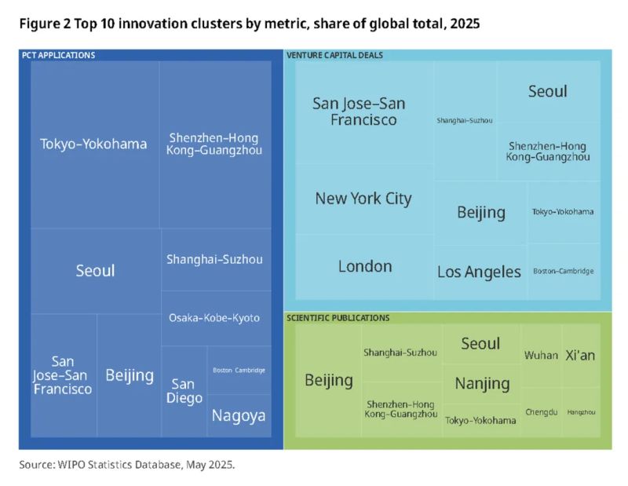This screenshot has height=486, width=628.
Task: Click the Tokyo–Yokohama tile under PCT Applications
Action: pos(94,144)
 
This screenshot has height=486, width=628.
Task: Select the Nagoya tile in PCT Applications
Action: pos(239,416)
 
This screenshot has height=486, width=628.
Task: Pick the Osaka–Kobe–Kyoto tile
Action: pos(214,318)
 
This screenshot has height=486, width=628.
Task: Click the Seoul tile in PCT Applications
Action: pos(95,271)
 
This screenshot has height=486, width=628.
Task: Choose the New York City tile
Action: pos(363,199)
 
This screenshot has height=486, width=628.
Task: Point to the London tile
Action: pos(364,266)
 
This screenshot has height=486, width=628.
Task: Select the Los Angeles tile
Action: pos(479,272)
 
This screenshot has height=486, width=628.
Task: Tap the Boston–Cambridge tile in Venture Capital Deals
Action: pos(563,271)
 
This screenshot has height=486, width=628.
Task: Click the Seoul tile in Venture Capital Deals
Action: pos(547,91)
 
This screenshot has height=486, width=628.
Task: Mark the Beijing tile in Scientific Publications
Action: pos(328,380)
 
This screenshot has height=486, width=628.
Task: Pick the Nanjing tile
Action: pos(482,383)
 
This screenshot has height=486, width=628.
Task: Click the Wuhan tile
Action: pos(541,356)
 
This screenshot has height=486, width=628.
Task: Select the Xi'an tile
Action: pos(580,356)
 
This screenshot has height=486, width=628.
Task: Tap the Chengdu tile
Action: pos(541,411)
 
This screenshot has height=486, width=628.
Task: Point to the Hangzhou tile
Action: pos(581,411)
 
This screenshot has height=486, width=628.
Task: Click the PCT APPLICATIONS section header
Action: pos(58,56)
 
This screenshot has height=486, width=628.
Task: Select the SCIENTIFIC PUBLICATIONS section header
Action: pos(338,318)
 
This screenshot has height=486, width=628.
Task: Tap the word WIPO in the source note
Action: pos(72,465)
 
